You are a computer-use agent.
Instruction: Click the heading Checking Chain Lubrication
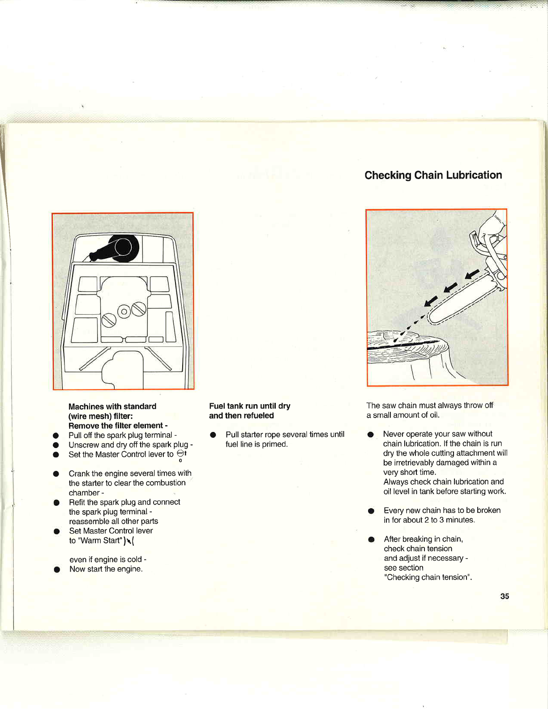click(x=433, y=175)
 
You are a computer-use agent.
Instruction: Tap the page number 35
click(x=505, y=596)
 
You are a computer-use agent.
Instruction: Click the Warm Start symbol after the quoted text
click(x=129, y=541)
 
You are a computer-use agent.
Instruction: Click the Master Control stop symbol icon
click(x=180, y=453)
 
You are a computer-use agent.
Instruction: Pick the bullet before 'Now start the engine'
click(x=57, y=570)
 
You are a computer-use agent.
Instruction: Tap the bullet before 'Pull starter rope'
click(x=213, y=435)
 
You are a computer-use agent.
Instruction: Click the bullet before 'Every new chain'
click(x=371, y=511)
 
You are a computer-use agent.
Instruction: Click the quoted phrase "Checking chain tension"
click(x=428, y=577)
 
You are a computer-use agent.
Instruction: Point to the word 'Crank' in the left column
click(x=79, y=474)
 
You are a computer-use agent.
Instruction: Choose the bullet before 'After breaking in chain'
click(x=371, y=539)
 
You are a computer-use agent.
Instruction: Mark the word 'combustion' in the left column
click(x=165, y=483)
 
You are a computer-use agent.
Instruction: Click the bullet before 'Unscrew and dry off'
click(x=56, y=445)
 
